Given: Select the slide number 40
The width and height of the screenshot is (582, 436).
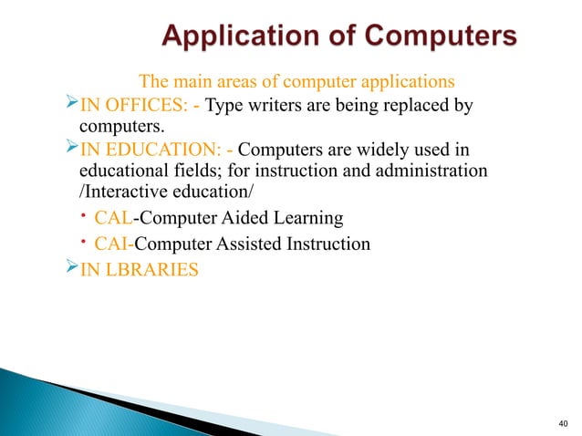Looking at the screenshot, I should click(x=560, y=422).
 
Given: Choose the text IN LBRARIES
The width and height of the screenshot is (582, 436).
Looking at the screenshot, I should click(x=138, y=270).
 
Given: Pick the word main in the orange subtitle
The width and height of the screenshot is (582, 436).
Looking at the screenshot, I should click(x=188, y=83).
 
